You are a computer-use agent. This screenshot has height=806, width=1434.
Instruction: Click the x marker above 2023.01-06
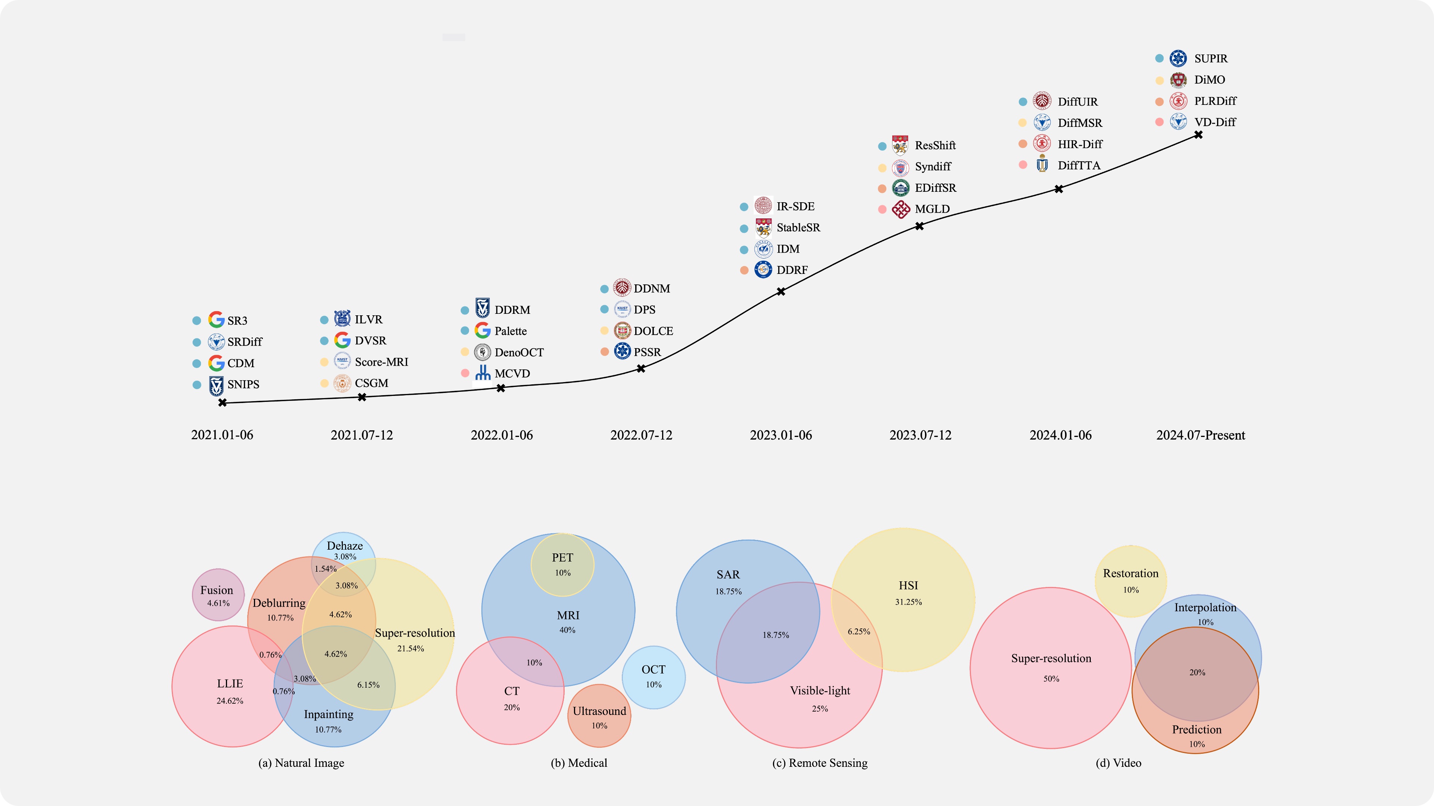tap(781, 291)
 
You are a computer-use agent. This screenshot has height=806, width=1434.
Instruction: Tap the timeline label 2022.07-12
tap(641, 435)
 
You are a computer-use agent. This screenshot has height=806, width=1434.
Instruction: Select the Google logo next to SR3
tap(216, 320)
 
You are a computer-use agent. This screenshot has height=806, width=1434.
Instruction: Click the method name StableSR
tap(798, 228)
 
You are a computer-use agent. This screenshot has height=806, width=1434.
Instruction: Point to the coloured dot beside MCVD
tap(465, 373)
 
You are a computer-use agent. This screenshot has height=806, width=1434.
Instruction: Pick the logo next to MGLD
tap(901, 209)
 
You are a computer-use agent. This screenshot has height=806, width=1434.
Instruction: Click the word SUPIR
tap(1211, 59)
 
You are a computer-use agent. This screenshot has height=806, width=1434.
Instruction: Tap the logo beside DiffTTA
tap(1042, 165)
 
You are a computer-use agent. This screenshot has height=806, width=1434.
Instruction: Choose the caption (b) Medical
tap(579, 763)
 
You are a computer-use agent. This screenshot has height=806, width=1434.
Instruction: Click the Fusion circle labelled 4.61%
tap(218, 595)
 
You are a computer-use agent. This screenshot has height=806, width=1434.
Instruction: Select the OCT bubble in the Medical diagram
tap(654, 677)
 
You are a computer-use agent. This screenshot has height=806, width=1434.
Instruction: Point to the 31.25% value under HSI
tap(909, 602)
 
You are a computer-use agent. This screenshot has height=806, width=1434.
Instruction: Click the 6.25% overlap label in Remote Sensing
tap(859, 631)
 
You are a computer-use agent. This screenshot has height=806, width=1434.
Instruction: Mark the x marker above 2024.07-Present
tap(1198, 135)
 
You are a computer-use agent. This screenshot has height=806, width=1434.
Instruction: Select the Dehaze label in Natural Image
tap(345, 546)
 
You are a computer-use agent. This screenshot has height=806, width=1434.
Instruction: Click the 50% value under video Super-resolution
tap(1051, 679)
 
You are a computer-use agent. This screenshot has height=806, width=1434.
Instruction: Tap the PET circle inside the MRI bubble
tap(562, 564)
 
